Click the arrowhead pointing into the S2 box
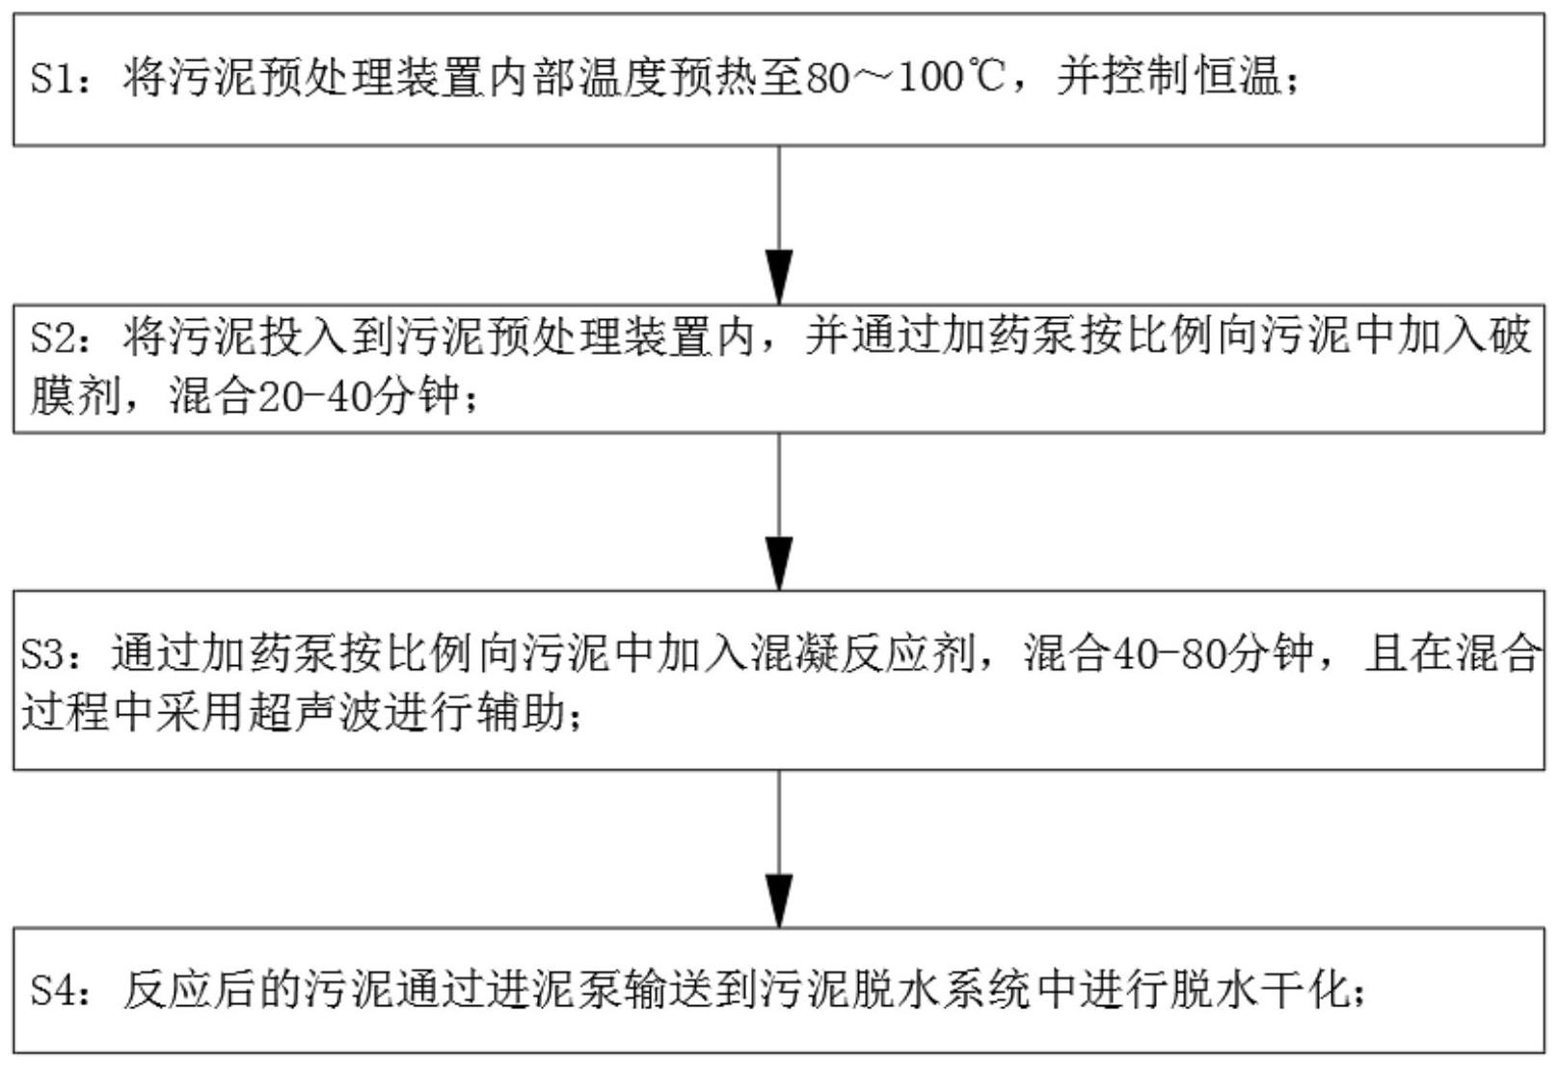click(779, 278)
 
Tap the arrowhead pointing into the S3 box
click(779, 563)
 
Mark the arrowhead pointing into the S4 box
click(779, 901)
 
